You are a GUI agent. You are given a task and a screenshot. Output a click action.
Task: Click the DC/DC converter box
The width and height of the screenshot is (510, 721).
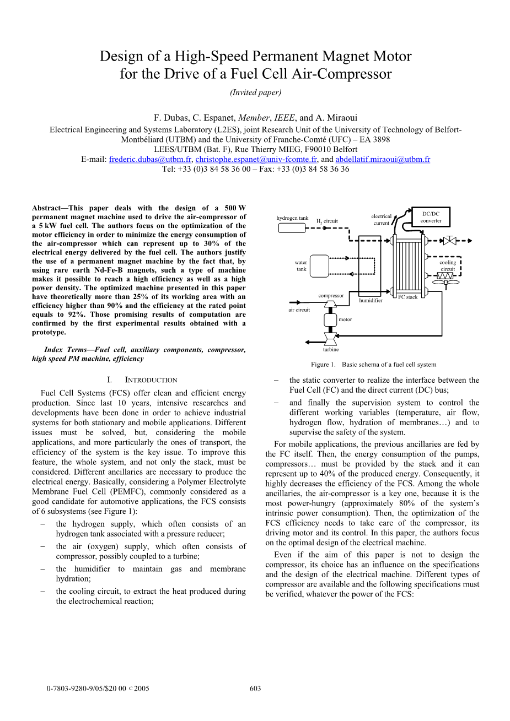[x=431, y=217]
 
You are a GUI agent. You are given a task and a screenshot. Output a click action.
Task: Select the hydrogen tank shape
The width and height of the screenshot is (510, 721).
[x=292, y=227]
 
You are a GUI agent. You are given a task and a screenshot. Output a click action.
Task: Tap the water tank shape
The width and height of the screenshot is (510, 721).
[x=319, y=267]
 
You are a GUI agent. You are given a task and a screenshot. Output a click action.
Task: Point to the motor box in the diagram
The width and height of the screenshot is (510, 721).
[x=330, y=319]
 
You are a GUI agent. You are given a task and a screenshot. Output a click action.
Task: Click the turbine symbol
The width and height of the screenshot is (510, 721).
[x=330, y=337]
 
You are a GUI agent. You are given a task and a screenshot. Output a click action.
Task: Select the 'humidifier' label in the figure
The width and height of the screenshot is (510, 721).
[x=371, y=301]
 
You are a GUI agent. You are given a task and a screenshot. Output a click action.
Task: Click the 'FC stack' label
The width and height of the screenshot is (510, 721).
[x=408, y=297]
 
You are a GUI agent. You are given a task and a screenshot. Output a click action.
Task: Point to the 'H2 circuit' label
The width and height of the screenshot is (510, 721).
[x=327, y=221]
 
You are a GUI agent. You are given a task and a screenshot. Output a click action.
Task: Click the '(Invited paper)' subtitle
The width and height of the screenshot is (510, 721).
[x=255, y=93]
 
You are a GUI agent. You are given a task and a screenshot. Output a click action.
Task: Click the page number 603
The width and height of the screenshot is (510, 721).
[x=255, y=689]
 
